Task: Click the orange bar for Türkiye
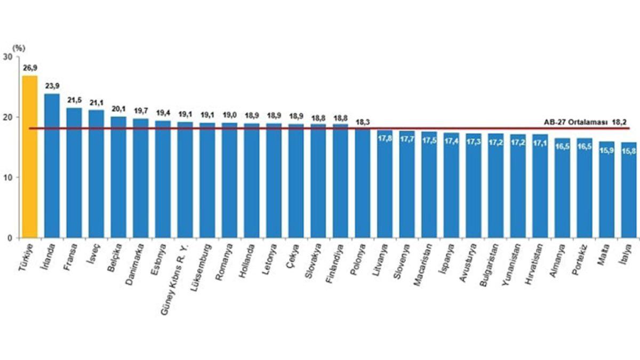29,157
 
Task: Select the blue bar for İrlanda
52,165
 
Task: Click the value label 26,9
29,68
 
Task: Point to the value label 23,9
52,86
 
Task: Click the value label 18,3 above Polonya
363,121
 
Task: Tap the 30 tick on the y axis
8,57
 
